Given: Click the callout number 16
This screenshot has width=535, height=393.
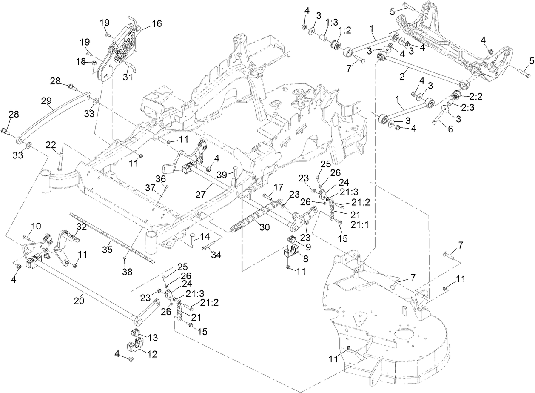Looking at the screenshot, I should point(157,24).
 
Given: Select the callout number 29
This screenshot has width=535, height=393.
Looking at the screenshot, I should point(46,101).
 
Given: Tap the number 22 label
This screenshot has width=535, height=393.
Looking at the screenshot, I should point(51,146).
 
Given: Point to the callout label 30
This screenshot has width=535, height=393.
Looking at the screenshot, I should point(265,228).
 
